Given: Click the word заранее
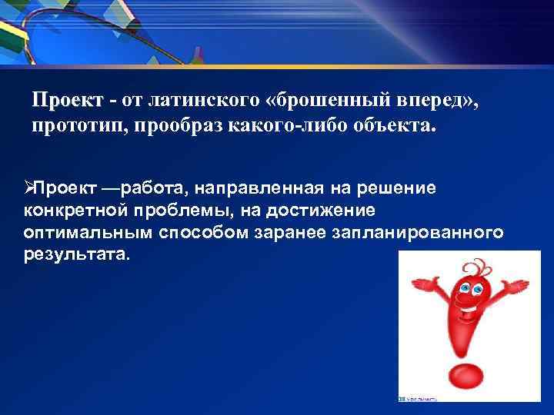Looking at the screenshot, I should tap(295, 232).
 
